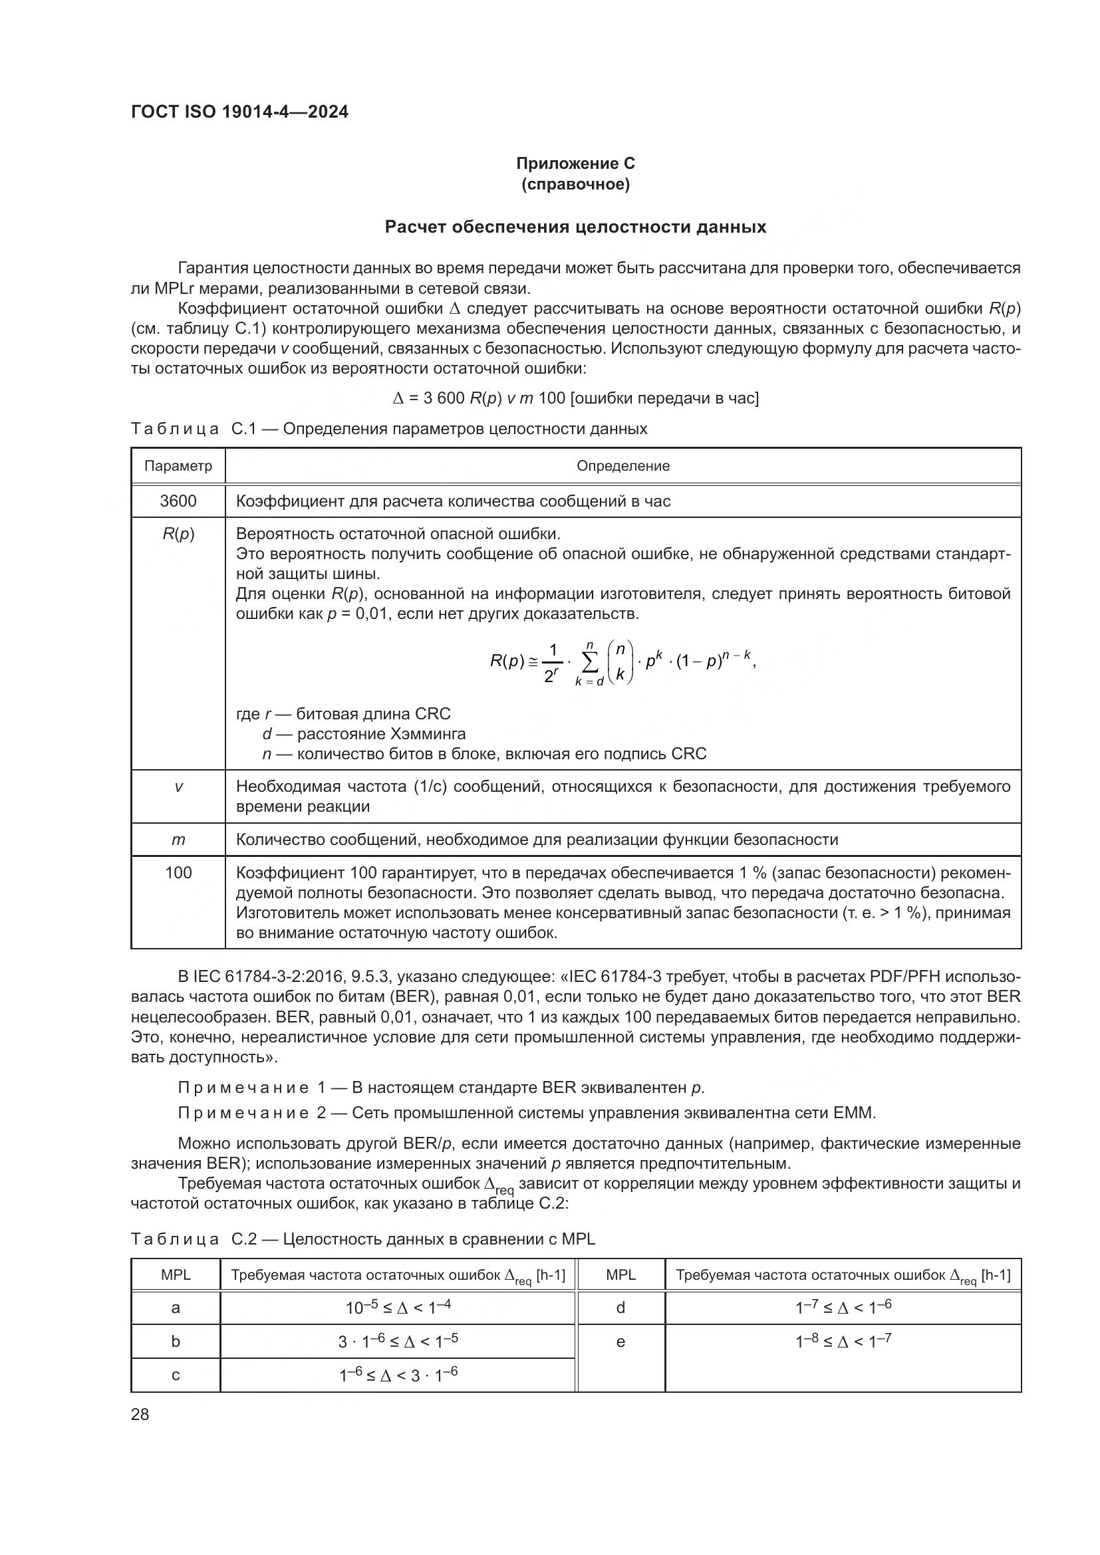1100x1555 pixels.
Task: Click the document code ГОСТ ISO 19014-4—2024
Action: [239, 112]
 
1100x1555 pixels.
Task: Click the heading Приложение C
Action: [575, 164]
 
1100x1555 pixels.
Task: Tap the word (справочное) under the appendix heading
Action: [575, 184]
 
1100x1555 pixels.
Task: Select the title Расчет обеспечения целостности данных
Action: [575, 227]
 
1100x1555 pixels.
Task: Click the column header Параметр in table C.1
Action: [178, 466]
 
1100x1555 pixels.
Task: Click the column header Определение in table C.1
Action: [622, 466]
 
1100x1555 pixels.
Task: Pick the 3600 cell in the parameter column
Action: [178, 501]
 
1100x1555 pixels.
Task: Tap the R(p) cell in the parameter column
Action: [178, 535]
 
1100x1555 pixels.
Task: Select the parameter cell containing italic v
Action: [178, 787]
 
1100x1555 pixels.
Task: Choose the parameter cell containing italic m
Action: [178, 840]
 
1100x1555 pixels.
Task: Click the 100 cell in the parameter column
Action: [178, 873]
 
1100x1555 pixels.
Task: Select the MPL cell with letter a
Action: [176, 1308]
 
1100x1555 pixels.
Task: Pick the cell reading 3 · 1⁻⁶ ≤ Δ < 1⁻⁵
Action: [398, 1341]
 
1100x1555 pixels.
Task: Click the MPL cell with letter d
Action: [620, 1308]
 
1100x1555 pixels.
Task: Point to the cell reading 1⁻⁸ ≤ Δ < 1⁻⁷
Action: [843, 1341]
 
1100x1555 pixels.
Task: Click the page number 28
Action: [140, 1414]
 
